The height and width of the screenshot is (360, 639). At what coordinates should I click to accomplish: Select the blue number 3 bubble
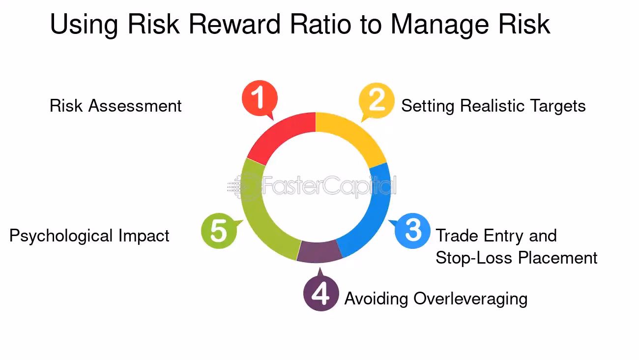[x=413, y=230]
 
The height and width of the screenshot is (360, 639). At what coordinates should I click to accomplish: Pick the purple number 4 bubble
[x=321, y=294]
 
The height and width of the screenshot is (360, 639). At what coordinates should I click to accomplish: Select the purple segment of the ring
[x=319, y=251]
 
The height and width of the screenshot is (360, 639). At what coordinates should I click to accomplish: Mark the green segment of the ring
[x=256, y=211]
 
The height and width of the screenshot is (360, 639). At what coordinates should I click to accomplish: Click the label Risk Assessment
[x=116, y=106]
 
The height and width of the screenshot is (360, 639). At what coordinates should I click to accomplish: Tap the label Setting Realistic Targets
[x=493, y=106]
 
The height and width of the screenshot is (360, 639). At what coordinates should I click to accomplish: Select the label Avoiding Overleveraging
[x=436, y=299]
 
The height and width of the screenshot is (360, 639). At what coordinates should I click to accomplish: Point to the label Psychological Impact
[x=89, y=236]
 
